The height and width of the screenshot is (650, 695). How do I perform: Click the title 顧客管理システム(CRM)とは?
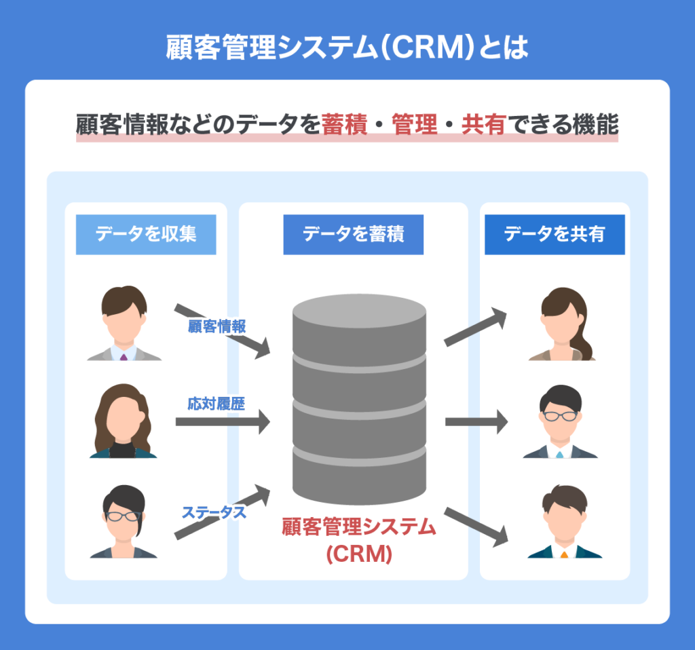[347, 49]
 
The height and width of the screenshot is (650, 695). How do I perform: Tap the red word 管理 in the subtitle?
[415, 126]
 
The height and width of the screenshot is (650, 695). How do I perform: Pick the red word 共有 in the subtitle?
[484, 126]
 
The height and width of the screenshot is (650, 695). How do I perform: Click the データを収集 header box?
[146, 235]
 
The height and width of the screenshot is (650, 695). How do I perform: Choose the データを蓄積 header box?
[353, 235]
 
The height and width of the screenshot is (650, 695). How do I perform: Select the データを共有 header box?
[554, 235]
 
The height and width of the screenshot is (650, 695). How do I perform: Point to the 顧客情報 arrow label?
[217, 326]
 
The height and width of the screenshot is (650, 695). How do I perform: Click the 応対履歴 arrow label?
[217, 403]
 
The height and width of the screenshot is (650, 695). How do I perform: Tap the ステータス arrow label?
[213, 512]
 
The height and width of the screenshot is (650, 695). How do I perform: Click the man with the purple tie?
[124, 324]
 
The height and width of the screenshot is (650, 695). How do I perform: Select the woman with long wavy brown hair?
[124, 422]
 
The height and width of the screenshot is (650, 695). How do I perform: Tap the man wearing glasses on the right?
[560, 422]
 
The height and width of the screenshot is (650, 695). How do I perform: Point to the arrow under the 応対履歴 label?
[222, 422]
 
